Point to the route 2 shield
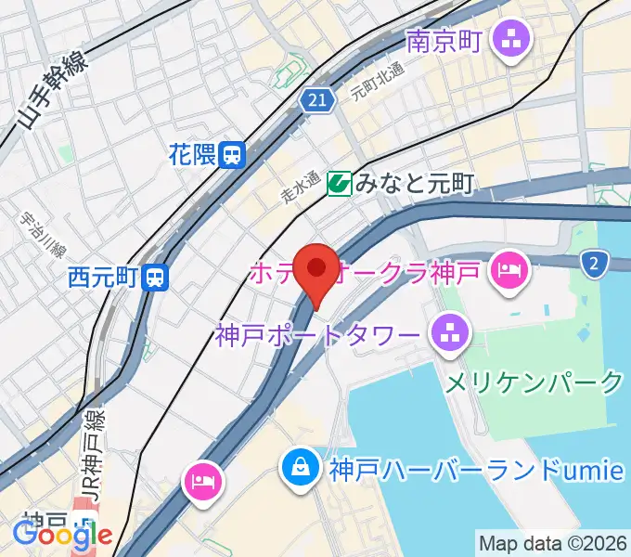click(x=594, y=266)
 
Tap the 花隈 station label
click(x=192, y=154)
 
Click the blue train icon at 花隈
click(x=234, y=154)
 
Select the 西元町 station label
click(x=103, y=277)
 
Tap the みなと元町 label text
click(x=414, y=184)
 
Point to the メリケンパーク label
click(x=534, y=382)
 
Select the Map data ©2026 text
click(x=552, y=542)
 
